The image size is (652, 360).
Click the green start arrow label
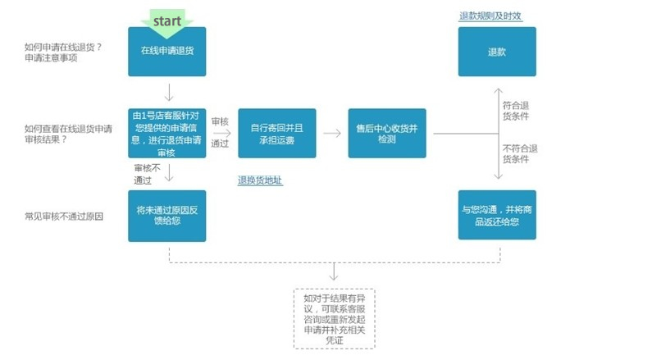(166, 20)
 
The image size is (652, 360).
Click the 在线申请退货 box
(166, 51)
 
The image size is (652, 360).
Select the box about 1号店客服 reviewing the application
(166, 132)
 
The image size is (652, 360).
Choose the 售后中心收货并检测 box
(386, 133)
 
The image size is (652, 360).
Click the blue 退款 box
(496, 52)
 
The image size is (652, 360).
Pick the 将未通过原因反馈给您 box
(166, 216)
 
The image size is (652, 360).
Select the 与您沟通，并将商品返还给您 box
(496, 215)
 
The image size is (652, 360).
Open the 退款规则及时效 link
(490, 16)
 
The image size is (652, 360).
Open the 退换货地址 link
(260, 180)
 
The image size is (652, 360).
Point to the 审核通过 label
(220, 131)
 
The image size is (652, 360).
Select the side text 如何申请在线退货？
(63, 46)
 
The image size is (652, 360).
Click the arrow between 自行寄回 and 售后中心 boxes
(331, 133)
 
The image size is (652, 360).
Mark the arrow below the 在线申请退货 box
(167, 91)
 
